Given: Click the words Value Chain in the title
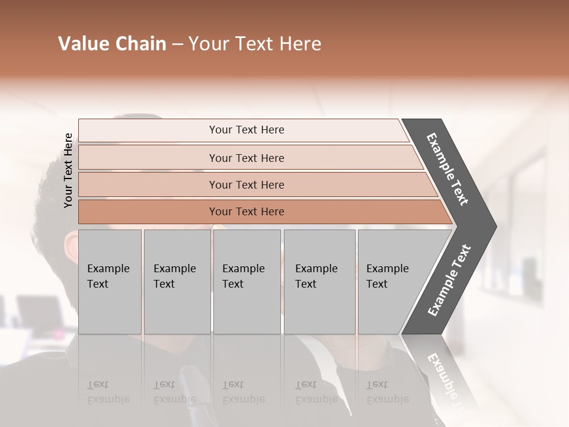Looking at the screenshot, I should click(112, 44).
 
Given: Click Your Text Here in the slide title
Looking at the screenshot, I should click(255, 44).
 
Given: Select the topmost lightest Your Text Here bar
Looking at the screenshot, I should click(247, 130).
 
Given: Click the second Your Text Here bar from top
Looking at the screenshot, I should click(247, 158).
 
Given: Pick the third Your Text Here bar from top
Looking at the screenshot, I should click(247, 184).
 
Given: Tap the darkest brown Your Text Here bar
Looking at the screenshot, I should click(247, 212).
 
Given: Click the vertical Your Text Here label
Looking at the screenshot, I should click(68, 170).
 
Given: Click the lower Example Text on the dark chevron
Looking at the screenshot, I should click(449, 280).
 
